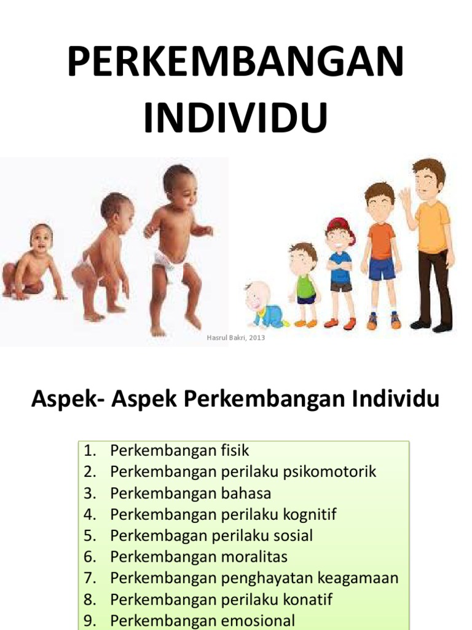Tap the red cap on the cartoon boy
point(339,226)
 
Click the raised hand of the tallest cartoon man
point(405,197)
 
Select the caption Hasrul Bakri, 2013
point(237,338)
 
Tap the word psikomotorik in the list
point(329,472)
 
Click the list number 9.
point(90,621)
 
